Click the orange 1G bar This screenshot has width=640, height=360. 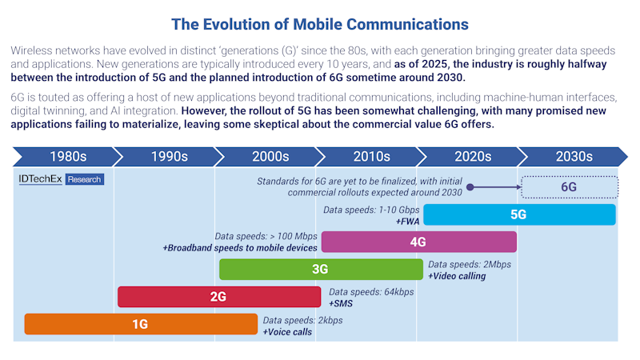pos(141,324)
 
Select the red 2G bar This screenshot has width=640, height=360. pos(218,297)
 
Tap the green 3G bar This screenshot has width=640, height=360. pos(320,270)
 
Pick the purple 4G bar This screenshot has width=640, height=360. pos(418,242)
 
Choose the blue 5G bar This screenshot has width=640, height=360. pos(518,214)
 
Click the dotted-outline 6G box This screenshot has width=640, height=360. pos(569,186)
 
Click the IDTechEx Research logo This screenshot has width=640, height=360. pos(61,180)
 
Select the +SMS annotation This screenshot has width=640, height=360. pos(341,304)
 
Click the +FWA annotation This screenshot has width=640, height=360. pos(408,221)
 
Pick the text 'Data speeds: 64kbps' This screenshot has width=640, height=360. pos(371,292)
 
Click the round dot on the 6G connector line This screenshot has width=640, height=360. pos(471,187)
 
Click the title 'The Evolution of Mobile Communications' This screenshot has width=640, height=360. pos(320,25)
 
